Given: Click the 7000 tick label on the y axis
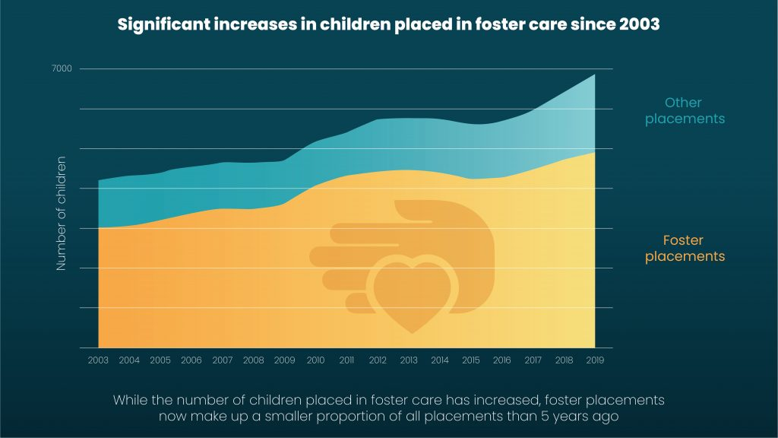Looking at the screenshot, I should pyautogui.click(x=62, y=69).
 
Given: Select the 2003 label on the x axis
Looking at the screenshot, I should pyautogui.click(x=99, y=360).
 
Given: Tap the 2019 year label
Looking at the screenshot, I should pyautogui.click(x=594, y=360).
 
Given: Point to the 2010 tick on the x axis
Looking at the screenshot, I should pyautogui.click(x=315, y=360).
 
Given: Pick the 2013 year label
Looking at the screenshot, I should pyautogui.click(x=408, y=360).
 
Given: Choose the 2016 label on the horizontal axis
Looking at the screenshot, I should pyautogui.click(x=501, y=360).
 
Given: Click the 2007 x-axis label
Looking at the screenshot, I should pyautogui.click(x=223, y=360).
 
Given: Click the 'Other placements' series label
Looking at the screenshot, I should pyautogui.click(x=685, y=110).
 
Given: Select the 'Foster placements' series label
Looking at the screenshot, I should pyautogui.click(x=685, y=249).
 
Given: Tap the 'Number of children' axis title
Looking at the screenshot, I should pyautogui.click(x=62, y=214).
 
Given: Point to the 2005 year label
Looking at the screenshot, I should pyautogui.click(x=160, y=360).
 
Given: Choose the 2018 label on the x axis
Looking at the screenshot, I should pyautogui.click(x=563, y=360).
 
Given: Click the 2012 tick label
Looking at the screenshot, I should pyautogui.click(x=378, y=360).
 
